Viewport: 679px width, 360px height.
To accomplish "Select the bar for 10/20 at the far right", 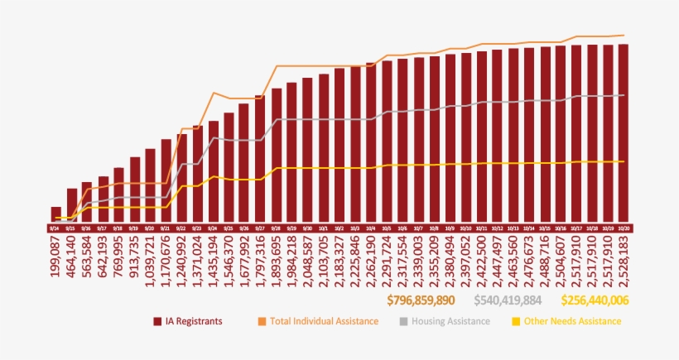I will pos(623,132).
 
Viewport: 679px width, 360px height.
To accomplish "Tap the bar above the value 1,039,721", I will pos(151,185).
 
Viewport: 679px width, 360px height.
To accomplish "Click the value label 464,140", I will pos(72,260).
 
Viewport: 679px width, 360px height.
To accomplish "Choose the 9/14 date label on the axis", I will pos(55,228).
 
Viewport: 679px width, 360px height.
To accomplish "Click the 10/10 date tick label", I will pos(465,228).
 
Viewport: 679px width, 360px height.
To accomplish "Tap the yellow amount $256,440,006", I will pos(595,300).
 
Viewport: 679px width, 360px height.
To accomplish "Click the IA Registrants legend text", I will pos(193,321).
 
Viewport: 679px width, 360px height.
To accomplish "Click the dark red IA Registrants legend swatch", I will pos(157,321).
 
